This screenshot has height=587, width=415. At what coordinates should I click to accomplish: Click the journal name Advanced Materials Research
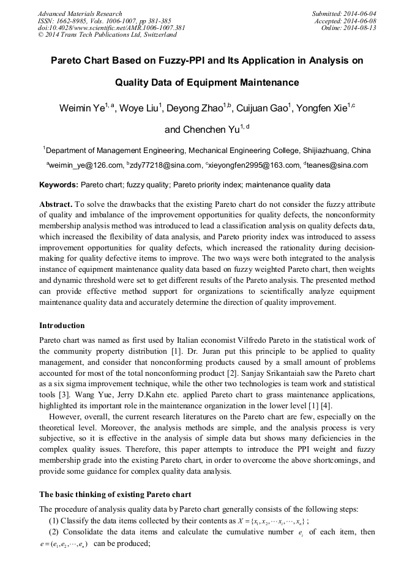[80, 13]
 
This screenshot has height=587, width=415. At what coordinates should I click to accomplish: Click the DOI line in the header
[111, 28]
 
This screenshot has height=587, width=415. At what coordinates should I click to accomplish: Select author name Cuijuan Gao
[262, 109]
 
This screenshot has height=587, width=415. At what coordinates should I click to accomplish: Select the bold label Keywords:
[59, 184]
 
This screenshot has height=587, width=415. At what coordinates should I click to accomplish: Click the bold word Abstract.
[56, 204]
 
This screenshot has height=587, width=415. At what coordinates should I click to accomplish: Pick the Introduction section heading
[62, 325]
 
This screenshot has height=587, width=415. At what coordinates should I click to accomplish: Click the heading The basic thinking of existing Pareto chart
[115, 494]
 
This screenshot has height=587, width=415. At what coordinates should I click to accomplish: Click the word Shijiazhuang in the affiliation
[323, 150]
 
